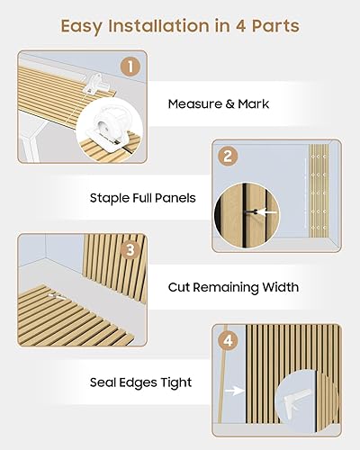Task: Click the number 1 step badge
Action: (x=131, y=67)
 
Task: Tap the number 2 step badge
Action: (x=229, y=156)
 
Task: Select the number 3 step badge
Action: (x=131, y=251)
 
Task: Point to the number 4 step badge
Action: (x=229, y=341)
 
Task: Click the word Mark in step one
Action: (x=253, y=104)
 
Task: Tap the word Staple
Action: (x=110, y=197)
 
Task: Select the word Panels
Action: (x=175, y=197)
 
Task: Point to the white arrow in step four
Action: (x=236, y=391)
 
